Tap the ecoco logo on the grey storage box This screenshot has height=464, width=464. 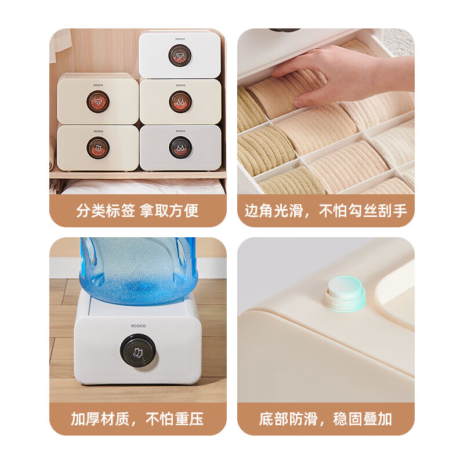180,131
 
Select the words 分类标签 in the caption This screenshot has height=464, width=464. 106,211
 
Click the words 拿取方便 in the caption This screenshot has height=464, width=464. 169,211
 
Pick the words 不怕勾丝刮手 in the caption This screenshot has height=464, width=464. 363,211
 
